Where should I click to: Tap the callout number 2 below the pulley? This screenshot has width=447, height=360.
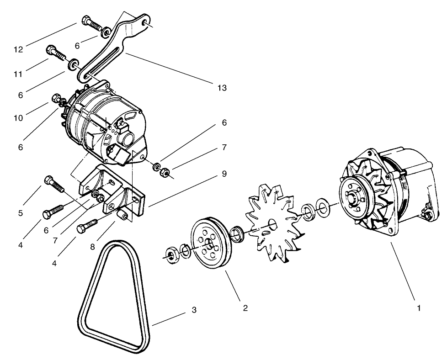tap(245, 308)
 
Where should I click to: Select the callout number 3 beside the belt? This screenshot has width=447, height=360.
tap(194, 310)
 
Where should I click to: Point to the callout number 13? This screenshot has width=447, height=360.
tap(222, 88)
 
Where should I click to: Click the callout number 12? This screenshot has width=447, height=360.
tap(18, 49)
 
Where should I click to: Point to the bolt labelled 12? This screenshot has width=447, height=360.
tap(90, 21)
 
